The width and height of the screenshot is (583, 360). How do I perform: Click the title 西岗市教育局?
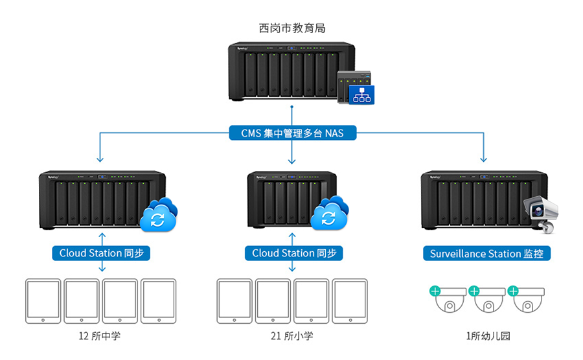pyautogui.click(x=291, y=28)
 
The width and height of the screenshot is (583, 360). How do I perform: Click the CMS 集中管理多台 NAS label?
pyautogui.click(x=292, y=134)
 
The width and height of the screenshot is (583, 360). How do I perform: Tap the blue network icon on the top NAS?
pyautogui.click(x=358, y=93)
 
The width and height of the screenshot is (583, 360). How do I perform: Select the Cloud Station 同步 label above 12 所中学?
pyautogui.click(x=100, y=253)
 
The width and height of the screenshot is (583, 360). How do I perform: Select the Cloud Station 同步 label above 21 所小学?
pyautogui.click(x=293, y=253)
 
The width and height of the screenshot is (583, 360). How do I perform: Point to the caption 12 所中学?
pyautogui.click(x=100, y=336)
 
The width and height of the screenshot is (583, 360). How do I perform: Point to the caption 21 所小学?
pyautogui.click(x=292, y=336)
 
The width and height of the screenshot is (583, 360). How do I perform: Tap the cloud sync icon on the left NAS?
pyautogui.click(x=159, y=216)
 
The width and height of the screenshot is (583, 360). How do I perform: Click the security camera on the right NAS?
pyautogui.click(x=541, y=213)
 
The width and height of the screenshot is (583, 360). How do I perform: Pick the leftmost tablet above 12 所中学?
pyautogui.click(x=43, y=301)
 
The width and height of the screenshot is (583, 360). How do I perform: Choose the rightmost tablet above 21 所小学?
pyautogui.click(x=350, y=301)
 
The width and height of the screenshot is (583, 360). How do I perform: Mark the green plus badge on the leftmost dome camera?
pyautogui.click(x=435, y=291)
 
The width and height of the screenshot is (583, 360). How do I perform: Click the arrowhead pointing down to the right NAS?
pyautogui.click(x=483, y=159)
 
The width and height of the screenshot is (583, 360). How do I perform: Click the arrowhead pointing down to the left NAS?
pyautogui.click(x=100, y=159)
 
